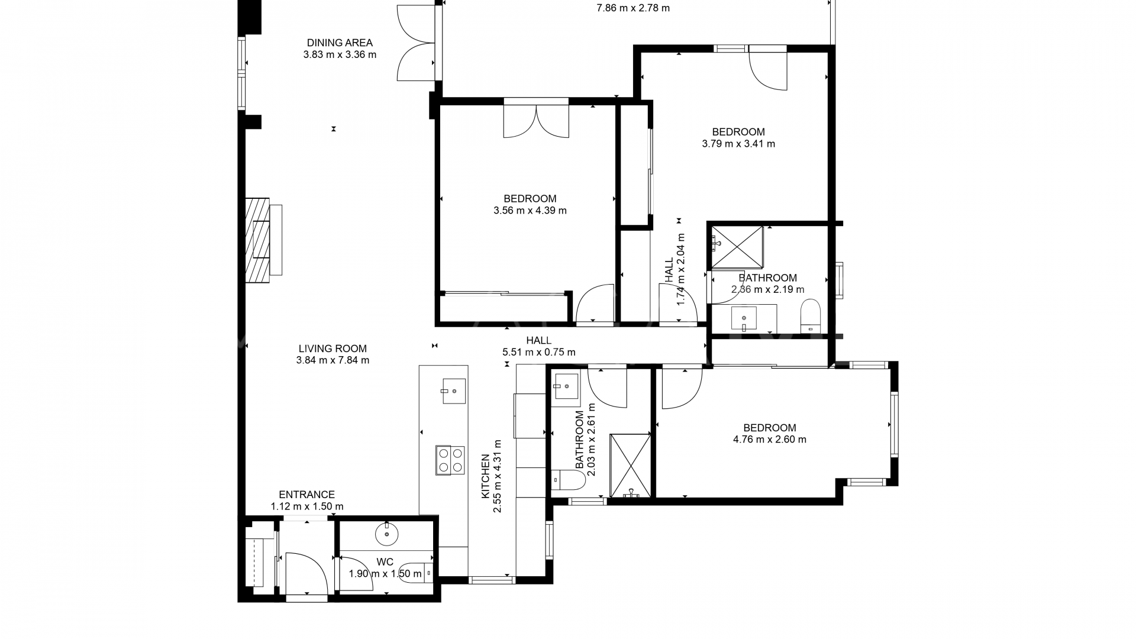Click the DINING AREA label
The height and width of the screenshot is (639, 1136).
pos(340,43)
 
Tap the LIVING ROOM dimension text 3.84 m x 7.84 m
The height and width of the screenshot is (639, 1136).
pos(333,360)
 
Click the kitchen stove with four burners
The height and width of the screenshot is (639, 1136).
pos(450,460)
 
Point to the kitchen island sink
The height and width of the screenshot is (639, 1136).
pos(454,390)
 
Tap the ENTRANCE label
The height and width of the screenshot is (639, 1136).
pos(306,495)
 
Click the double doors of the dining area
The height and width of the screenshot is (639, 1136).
pos(417,43)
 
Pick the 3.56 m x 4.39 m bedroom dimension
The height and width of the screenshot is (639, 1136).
pos(530,211)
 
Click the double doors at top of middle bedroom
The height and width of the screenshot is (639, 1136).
pos(536,121)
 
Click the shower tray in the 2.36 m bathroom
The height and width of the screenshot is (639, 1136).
pos(737,247)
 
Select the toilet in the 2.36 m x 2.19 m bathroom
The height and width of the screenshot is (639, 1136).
pos(810,316)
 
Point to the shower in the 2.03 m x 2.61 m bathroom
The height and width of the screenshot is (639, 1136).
pos(631,465)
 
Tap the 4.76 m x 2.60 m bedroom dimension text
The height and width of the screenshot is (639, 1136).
pos(769,440)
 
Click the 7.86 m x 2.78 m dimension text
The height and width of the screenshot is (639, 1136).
pos(633,8)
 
